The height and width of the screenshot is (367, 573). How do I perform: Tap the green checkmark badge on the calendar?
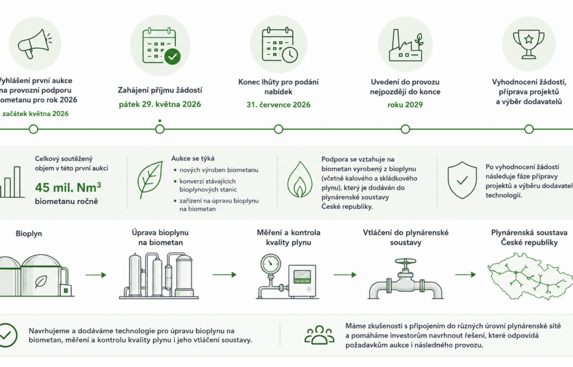coord(172,57)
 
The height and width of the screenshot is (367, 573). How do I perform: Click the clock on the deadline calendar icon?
coord(290,55)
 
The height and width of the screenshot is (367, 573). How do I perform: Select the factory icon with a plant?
coord(406,45)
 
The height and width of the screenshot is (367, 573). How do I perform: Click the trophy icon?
coord(529,44)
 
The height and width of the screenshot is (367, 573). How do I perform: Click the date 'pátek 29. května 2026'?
coord(160,104)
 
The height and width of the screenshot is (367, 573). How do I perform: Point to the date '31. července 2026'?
coord(278,105)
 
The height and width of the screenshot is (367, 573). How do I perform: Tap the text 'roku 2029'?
coord(405,105)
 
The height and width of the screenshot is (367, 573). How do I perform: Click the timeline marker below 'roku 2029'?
coord(405,129)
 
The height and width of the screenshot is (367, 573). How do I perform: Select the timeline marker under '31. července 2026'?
coord(278,129)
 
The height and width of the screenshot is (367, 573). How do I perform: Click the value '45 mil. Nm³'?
coord(68,188)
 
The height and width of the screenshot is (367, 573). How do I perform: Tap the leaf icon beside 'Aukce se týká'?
coord(150,179)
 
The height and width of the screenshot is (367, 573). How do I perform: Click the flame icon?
coord(300,179)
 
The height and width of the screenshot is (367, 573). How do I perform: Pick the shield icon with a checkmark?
coord(462,180)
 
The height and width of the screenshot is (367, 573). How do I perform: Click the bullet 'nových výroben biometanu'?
coord(218,170)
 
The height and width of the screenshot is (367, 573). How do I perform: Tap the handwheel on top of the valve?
coord(405,261)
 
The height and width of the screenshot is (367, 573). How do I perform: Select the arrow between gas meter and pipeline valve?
coord(345,275)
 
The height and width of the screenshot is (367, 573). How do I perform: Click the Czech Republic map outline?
coord(531,276)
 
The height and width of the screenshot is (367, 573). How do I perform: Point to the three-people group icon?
coord(319,335)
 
